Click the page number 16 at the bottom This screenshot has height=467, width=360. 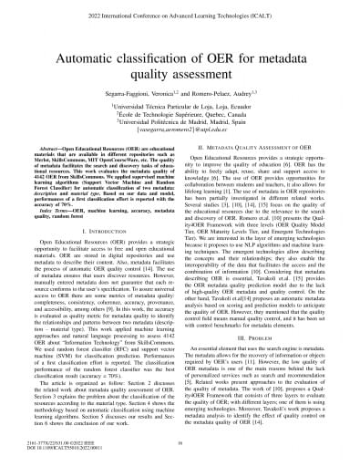coord(180,441)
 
